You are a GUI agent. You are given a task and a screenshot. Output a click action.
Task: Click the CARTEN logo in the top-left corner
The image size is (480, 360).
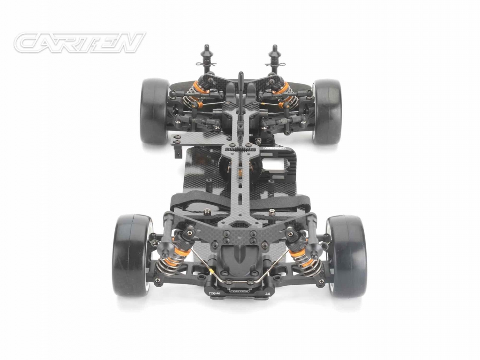79,42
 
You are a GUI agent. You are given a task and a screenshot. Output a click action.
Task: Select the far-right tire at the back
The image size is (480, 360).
327,111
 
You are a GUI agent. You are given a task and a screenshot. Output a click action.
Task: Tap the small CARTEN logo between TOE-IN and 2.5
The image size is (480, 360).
240,291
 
